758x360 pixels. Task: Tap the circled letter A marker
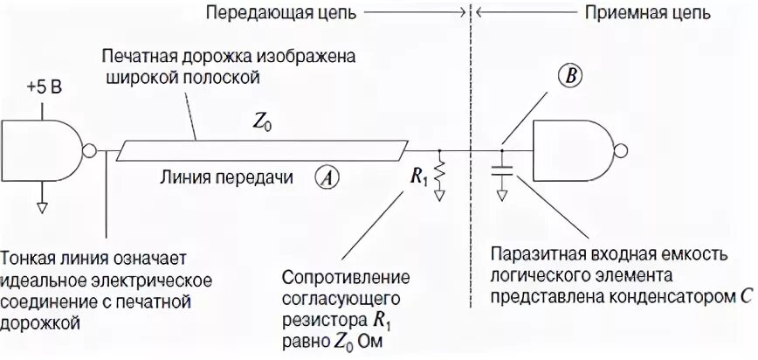[x=327, y=177]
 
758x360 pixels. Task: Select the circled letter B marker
[x=573, y=77]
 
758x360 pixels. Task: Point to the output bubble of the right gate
[x=621, y=149]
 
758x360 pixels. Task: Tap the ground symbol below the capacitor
[x=502, y=196]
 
